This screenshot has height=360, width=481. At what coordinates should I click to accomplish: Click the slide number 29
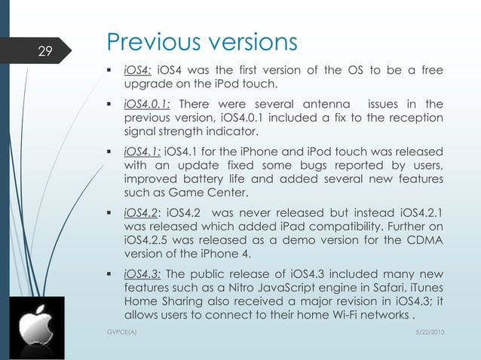[x=45, y=51]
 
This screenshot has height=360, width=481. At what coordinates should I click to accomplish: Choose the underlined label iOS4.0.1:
[x=147, y=103]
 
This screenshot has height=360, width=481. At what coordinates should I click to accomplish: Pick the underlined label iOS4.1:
[x=142, y=150]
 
